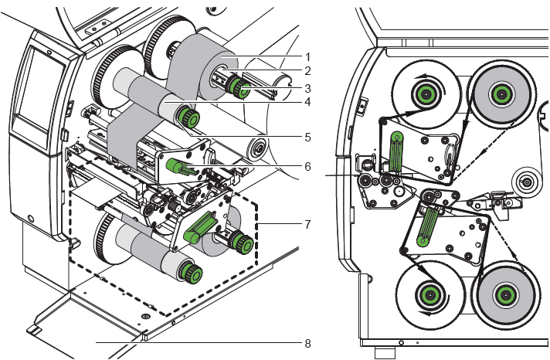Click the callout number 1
[307, 56]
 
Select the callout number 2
[307, 71]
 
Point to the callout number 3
[307, 87]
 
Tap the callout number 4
[307, 101]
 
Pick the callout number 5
[307, 137]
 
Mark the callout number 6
[307, 166]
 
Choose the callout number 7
[307, 224]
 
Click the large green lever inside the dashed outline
[199, 227]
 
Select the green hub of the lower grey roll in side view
[504, 292]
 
